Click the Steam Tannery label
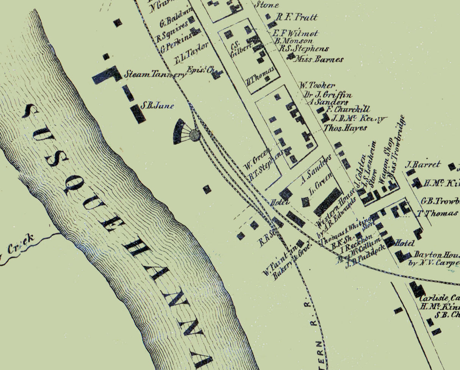pos(155,74)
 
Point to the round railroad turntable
pos(194,135)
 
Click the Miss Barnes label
pos(319,59)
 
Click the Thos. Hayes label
pos(345,128)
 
